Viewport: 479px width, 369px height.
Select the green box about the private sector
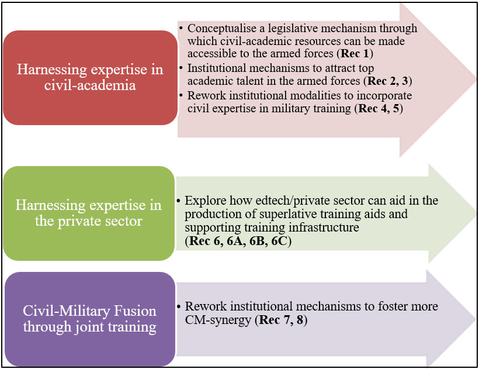89,213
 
